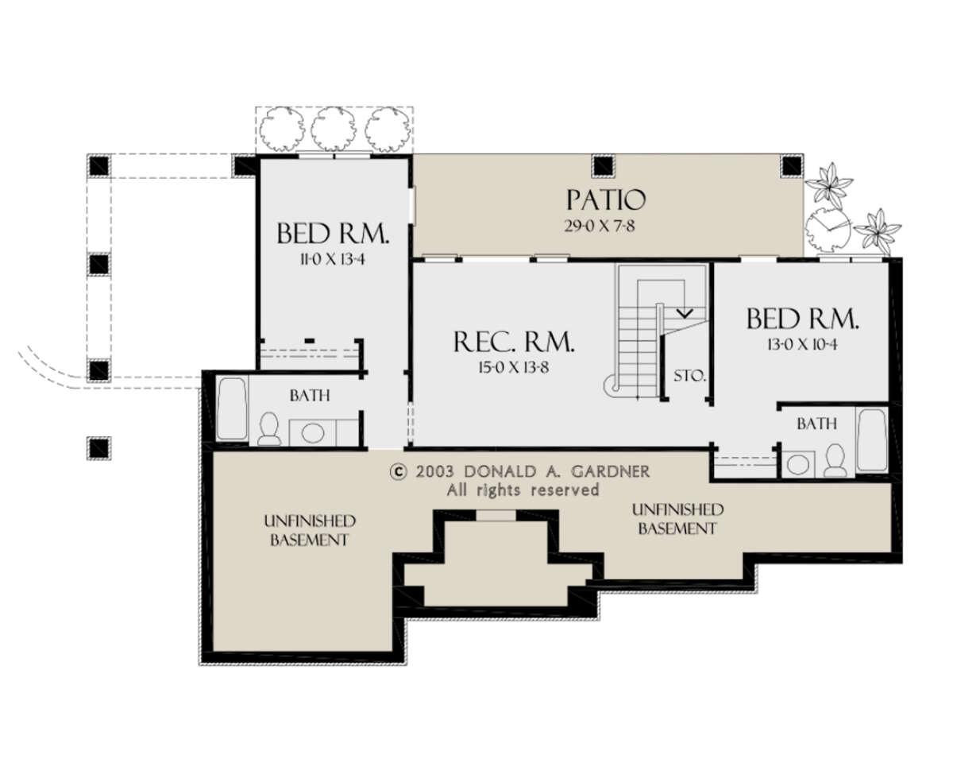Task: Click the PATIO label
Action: pos(606,200)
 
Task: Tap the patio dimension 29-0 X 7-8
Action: pos(600,226)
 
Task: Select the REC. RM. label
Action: pos(514,342)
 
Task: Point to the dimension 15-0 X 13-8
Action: pos(513,367)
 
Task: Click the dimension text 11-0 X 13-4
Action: pos(333,259)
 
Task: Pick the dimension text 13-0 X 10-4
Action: pos(802,344)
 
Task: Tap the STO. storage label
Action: pos(690,376)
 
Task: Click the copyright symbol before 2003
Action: pos(398,472)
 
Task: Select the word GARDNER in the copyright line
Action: pos(611,471)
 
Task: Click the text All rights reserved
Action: pos(523,490)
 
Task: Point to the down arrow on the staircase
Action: pos(685,313)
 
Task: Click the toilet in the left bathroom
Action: pos(268,428)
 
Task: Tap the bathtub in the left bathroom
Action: pos(232,409)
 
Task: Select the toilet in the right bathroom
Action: pos(835,460)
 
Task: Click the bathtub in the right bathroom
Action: pos(873,440)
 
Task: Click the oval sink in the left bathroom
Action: pos(313,432)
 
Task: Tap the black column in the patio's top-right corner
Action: pos(792,166)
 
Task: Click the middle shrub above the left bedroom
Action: pos(333,129)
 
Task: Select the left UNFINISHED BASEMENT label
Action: pos(310,530)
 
